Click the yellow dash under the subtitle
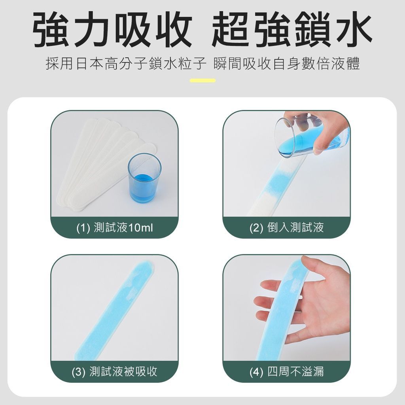(202, 80)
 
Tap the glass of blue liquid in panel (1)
(144, 178)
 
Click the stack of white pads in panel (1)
(103, 163)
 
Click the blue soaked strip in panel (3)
(115, 310)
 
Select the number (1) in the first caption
(83, 228)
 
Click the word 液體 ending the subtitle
(345, 64)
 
